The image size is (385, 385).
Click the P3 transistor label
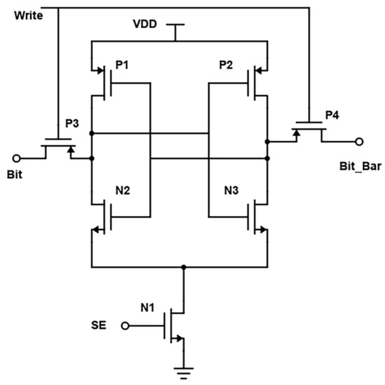73,123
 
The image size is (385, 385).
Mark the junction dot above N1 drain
185,267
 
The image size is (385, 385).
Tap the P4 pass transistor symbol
308,130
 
